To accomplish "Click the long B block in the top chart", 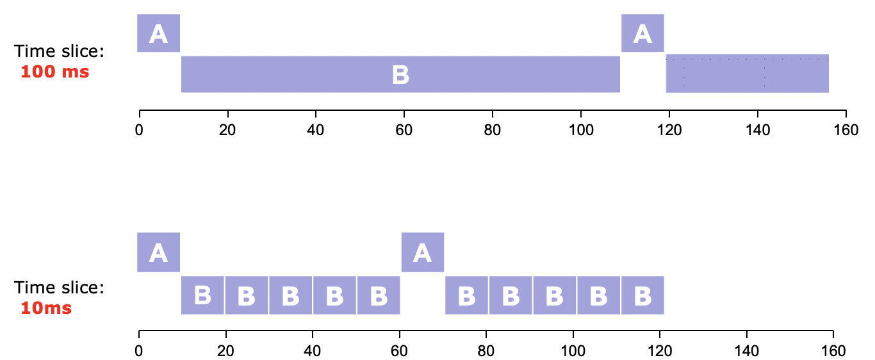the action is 400,74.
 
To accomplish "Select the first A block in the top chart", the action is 158,33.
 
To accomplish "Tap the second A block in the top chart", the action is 642,33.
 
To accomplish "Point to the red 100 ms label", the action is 55,72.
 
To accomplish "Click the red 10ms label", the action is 46,308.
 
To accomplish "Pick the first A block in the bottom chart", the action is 158,252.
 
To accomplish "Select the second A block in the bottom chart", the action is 422,252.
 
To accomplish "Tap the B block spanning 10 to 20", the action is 202,295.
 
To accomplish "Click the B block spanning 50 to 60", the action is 379,295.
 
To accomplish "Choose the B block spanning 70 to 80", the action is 466,295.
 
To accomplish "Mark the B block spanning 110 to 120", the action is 642,295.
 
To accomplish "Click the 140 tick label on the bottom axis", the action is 746,351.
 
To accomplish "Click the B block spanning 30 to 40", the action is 290,295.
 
